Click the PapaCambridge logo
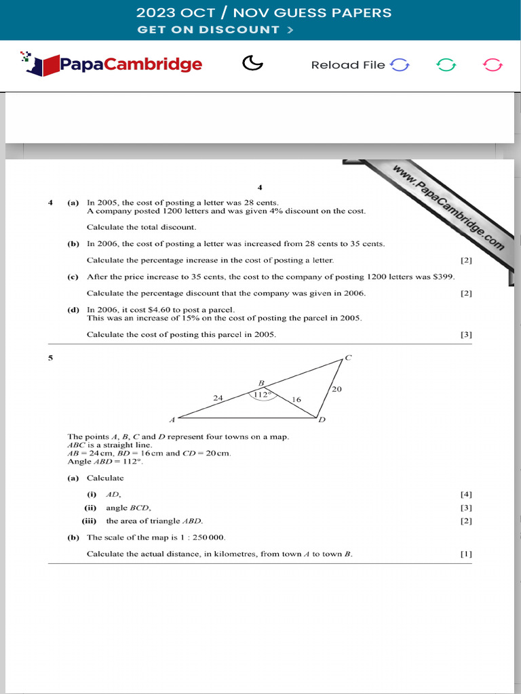(x=112, y=64)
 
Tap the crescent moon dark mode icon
(x=252, y=64)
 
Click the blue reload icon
(x=400, y=65)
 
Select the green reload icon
(x=446, y=65)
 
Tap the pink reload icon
(x=493, y=65)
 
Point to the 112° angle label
(x=262, y=394)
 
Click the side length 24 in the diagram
(x=218, y=399)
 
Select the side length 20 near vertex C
(x=337, y=389)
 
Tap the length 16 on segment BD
(x=296, y=400)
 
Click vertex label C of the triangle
(x=348, y=357)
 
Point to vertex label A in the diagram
(x=172, y=420)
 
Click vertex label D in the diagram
(x=322, y=420)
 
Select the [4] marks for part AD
(x=466, y=495)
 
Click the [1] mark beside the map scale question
(x=466, y=554)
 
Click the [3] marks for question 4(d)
(x=466, y=334)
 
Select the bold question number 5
(x=50, y=357)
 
